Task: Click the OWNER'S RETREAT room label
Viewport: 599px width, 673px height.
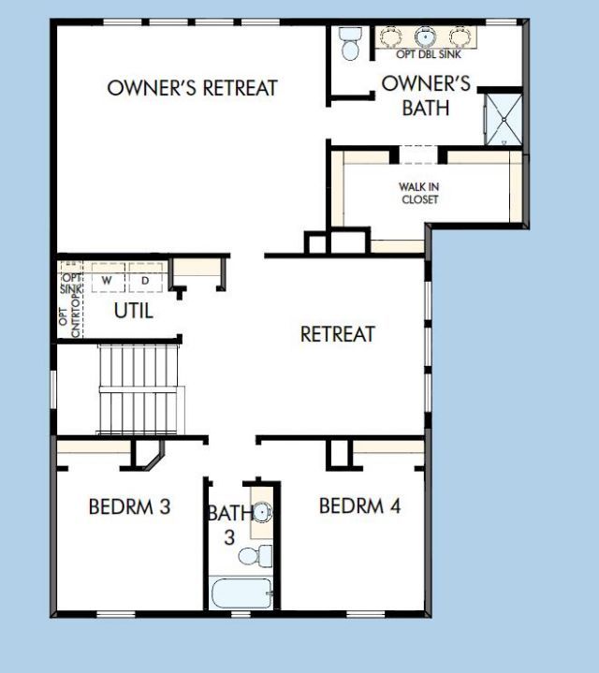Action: tap(192, 88)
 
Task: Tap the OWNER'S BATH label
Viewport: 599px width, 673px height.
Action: tap(426, 95)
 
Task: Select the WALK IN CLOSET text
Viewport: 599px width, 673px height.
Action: tap(419, 193)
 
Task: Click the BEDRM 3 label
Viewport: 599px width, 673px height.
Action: tap(129, 507)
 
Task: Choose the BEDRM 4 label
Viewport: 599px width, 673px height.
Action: tap(360, 506)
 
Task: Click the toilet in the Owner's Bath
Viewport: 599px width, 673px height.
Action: tap(351, 43)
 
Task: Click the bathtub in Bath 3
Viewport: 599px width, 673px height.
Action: tap(241, 593)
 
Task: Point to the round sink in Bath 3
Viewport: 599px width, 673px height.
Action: tap(263, 512)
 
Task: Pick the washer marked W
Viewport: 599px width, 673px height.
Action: tap(107, 280)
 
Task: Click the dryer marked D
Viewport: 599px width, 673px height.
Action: tap(145, 280)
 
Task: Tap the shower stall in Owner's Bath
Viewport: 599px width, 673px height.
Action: tap(503, 118)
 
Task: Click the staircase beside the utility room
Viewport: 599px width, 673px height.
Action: tap(139, 388)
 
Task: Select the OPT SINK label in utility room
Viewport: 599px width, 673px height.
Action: tap(71, 284)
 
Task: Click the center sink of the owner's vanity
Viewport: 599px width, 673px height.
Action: tap(426, 37)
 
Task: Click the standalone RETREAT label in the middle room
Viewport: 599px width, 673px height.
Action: tap(337, 334)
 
